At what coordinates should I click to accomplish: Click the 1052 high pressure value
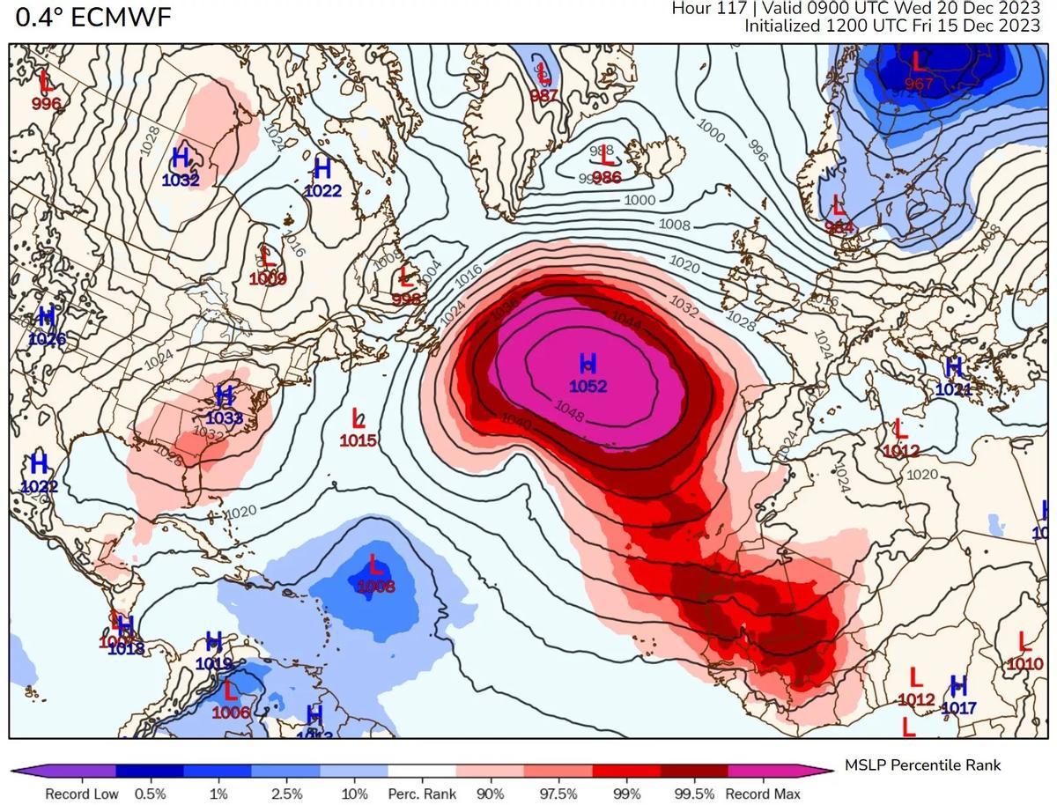588,386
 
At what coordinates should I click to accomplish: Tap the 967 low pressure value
919,85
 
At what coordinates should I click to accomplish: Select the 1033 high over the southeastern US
224,418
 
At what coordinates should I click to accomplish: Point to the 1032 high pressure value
181,181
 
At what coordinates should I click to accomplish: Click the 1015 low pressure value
358,440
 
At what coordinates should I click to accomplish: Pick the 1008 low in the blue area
376,587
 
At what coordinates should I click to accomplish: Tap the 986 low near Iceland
607,177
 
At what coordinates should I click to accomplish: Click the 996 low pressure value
46,103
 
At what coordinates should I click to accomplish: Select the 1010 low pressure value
1025,663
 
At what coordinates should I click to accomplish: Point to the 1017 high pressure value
959,707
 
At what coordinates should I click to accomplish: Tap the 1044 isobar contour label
625,322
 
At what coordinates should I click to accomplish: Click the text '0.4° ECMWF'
93,17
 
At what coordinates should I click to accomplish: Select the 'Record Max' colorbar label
763,794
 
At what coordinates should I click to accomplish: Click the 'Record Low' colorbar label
81,794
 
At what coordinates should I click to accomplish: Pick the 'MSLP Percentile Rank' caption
922,764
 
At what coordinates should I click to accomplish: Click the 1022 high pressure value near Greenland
322,189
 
